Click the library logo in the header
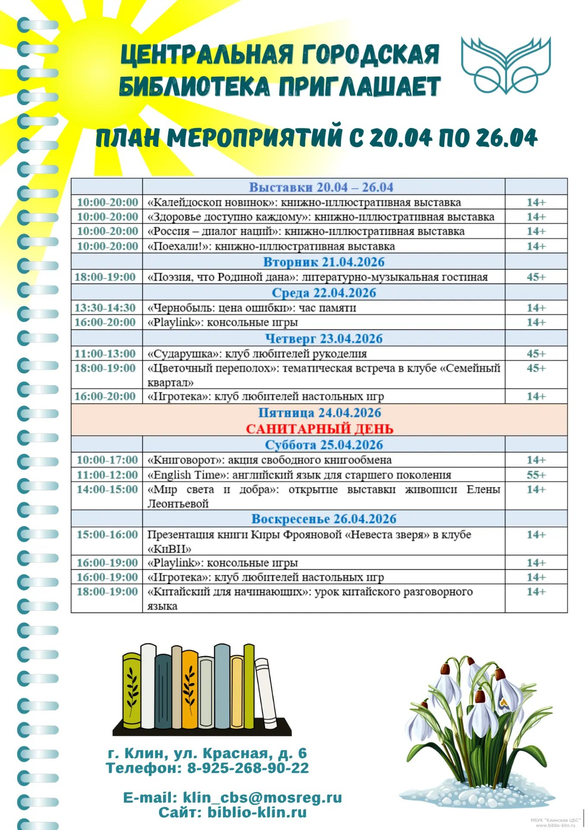506,66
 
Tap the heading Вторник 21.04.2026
324,262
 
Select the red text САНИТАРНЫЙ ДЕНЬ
319,429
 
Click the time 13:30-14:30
105,308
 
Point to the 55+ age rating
536,475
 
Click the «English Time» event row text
299,475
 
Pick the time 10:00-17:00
107,460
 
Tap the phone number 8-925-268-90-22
248,768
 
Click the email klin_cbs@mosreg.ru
262,798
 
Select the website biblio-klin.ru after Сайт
257,812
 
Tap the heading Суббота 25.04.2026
324,445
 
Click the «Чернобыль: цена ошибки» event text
251,308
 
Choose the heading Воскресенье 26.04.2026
324,519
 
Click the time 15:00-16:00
107,535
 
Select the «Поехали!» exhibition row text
271,246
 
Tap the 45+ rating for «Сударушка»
536,354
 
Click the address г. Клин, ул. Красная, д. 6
207,753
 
